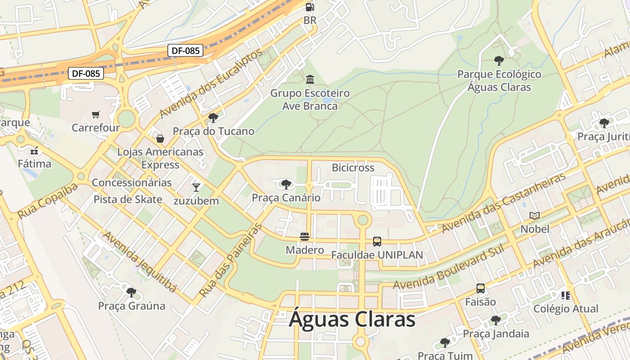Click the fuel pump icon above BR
coord(310,7)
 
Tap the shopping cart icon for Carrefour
coord(95,114)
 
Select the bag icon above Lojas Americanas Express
coord(160,139)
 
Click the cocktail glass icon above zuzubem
coord(196,187)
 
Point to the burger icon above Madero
coord(305,237)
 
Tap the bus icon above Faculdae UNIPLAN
coord(377,242)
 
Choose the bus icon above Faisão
coord(481,288)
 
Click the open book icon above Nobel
coord(535,216)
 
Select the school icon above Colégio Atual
coord(566,296)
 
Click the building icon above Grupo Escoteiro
coord(310,80)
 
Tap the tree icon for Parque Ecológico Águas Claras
coord(499,60)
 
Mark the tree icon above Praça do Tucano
coord(213,118)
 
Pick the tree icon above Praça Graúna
coord(131,292)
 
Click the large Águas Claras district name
coord(352,319)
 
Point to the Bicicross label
coord(353,168)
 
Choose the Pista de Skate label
coord(128,199)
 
